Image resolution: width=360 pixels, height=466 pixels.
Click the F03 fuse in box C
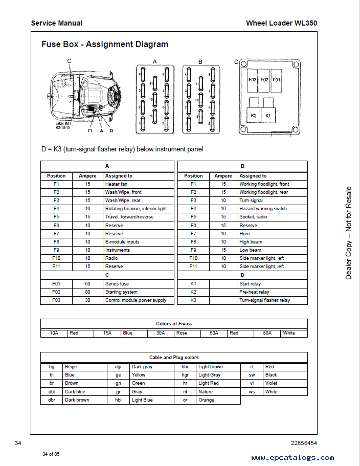coord(252,80)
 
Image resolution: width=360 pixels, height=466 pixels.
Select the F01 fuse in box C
coord(276,80)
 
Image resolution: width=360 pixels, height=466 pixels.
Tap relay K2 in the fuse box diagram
coord(254,116)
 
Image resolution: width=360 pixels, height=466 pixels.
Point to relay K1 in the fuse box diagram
coord(267,116)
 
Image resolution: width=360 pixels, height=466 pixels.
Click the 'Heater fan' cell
coord(117,184)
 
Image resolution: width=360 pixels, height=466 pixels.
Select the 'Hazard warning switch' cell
coord(263,209)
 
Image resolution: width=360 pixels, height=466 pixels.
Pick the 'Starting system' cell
coord(121,292)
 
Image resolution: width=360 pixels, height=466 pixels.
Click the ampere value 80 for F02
coord(87,292)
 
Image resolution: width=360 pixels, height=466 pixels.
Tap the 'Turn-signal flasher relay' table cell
coord(264,300)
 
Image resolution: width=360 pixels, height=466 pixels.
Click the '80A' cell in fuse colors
coord(267,333)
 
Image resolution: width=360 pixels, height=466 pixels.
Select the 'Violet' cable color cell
coord(271,383)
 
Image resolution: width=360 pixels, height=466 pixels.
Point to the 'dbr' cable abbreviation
coord(52,400)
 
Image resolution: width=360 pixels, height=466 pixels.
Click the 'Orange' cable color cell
coord(207,400)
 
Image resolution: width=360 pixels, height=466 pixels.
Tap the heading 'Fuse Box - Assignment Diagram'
coord(105,45)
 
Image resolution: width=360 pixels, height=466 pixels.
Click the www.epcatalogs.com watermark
coord(292,458)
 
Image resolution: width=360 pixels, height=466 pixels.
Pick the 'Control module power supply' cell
coord(136,300)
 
